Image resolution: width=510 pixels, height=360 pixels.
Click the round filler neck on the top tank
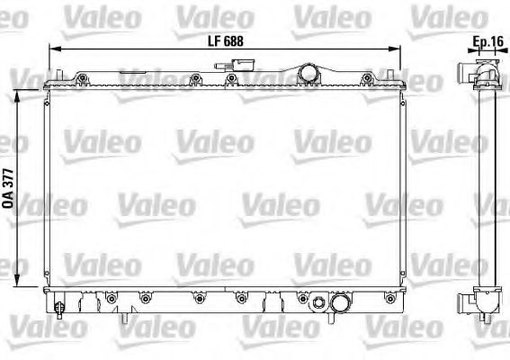308,71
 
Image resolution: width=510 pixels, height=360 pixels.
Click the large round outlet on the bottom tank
341,305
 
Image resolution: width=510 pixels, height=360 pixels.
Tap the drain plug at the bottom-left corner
59,309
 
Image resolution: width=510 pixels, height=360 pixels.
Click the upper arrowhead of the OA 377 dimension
22,91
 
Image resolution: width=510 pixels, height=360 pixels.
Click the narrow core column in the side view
487,189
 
